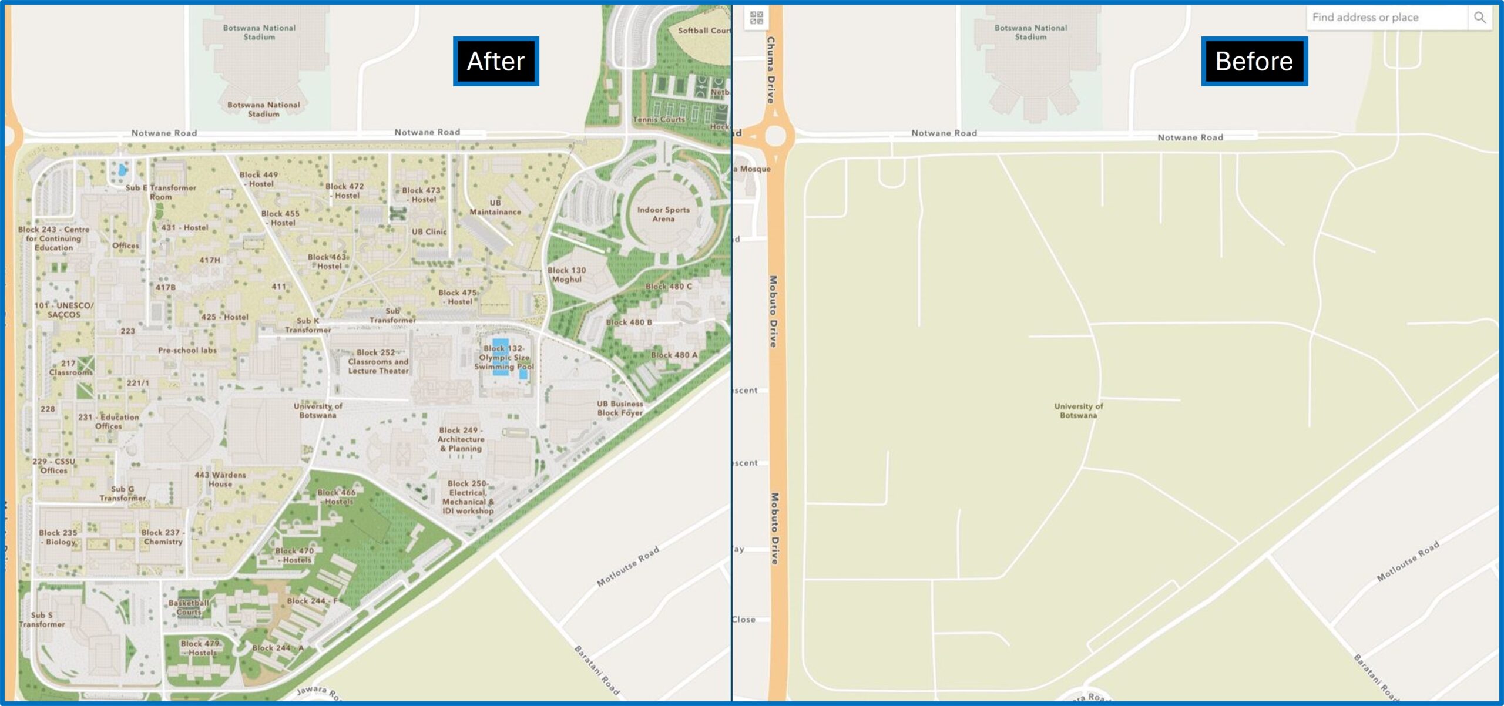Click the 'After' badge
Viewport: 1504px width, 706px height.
pos(495,62)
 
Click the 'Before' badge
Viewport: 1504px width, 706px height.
pos(1254,62)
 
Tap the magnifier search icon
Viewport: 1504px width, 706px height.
pos(1480,18)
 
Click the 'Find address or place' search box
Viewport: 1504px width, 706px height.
pos(1386,18)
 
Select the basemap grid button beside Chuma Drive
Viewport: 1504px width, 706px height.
pos(757,18)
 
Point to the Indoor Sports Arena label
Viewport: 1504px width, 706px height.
pos(663,214)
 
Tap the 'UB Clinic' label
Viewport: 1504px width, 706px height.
pos(429,232)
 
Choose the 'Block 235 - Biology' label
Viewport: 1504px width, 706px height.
pos(58,537)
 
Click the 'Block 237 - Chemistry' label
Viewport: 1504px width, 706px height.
pos(163,537)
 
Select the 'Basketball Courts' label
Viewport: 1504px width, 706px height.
pos(189,607)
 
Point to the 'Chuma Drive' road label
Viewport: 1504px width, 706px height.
pos(771,70)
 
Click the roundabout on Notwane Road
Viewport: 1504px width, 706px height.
pos(775,136)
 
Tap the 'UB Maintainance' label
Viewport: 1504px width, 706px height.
pos(495,207)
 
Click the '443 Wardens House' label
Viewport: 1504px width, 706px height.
pos(220,479)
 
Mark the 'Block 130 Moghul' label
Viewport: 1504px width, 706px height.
pos(566,275)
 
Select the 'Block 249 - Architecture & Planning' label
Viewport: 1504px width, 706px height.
pos(461,439)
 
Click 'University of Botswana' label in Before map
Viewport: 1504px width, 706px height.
pos(1078,411)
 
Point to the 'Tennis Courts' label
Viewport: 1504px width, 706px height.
pos(659,120)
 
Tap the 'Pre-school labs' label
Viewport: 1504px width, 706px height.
pos(187,351)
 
